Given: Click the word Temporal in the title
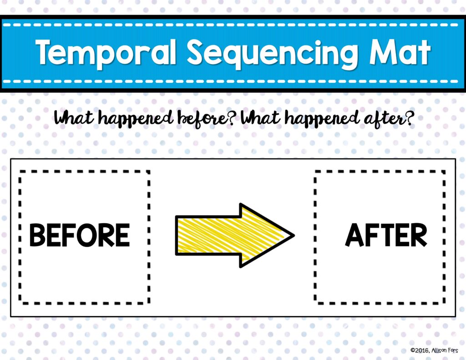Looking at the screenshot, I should [x=106, y=53].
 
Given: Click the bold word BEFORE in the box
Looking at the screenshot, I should [x=80, y=235].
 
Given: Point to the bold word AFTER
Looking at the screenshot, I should [x=386, y=235].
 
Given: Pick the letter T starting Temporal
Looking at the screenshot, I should [x=46, y=52].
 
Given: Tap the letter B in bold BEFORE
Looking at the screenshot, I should [x=38, y=235].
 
